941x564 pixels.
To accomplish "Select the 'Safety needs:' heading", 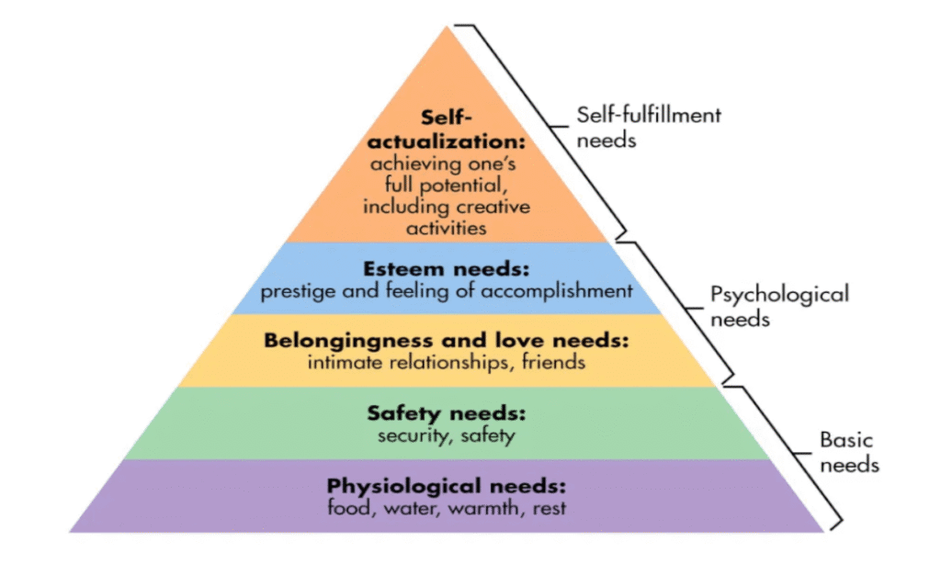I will (x=447, y=412).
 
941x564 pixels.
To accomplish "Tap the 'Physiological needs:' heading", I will (x=447, y=485).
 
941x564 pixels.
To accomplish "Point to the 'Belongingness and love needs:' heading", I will (x=447, y=341).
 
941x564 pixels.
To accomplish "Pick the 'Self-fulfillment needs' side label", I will (x=649, y=128).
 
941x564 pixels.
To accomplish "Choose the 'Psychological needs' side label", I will (x=779, y=307).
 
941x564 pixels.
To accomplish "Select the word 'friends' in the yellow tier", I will (x=553, y=362).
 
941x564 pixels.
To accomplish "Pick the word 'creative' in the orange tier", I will (x=497, y=207).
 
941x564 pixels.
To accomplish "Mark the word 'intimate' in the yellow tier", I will (x=345, y=362).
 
